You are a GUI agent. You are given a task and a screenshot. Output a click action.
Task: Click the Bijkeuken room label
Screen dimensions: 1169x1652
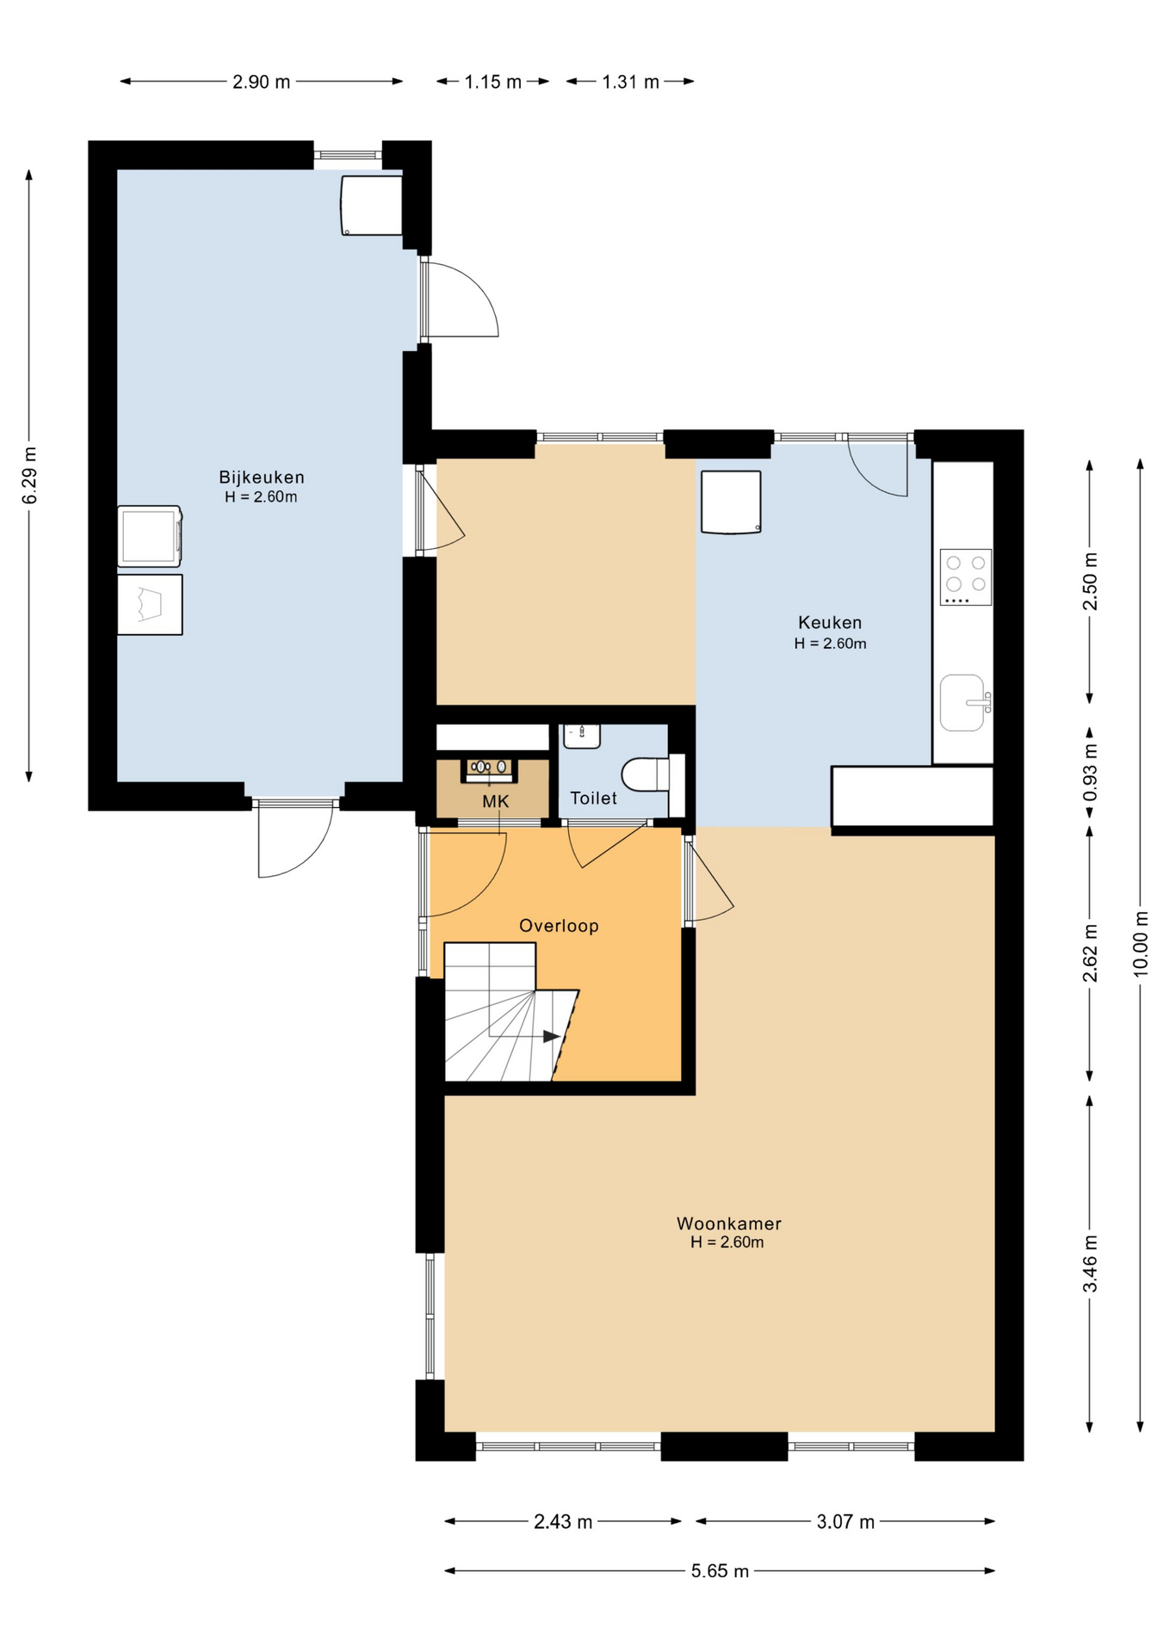click(x=262, y=477)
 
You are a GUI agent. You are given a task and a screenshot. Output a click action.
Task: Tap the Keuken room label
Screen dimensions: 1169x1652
click(x=830, y=622)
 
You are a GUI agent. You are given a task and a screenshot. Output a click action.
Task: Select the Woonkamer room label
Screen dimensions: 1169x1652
click(x=729, y=1223)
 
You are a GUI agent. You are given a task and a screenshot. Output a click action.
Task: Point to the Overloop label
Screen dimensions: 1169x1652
click(x=559, y=926)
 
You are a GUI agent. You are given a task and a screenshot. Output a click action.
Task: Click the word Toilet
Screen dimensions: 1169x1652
click(x=594, y=798)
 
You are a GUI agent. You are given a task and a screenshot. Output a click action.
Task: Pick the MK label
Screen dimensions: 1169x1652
click(x=496, y=802)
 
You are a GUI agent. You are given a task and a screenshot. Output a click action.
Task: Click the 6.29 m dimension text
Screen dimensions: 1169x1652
click(x=29, y=476)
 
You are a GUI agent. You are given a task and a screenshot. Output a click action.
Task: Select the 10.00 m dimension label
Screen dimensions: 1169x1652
click(x=1141, y=943)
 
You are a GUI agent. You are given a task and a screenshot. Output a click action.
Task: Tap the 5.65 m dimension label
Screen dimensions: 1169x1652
click(x=720, y=1571)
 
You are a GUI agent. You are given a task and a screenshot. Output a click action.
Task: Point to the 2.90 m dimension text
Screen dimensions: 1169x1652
click(x=262, y=82)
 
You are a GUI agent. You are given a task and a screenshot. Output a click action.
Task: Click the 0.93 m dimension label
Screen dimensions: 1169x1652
click(x=1090, y=771)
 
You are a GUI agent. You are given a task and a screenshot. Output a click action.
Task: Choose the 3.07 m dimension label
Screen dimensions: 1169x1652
click(x=845, y=1521)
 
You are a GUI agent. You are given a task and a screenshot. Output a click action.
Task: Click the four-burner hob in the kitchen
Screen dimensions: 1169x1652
click(x=966, y=577)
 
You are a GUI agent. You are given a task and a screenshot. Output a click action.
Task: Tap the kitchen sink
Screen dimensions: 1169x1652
click(x=964, y=703)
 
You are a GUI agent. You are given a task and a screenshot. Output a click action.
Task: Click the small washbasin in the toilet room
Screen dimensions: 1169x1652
click(x=582, y=736)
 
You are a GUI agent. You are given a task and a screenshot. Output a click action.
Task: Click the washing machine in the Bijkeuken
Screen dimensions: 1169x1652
click(x=150, y=536)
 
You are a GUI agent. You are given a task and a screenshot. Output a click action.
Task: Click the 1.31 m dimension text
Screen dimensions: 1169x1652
click(x=630, y=82)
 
